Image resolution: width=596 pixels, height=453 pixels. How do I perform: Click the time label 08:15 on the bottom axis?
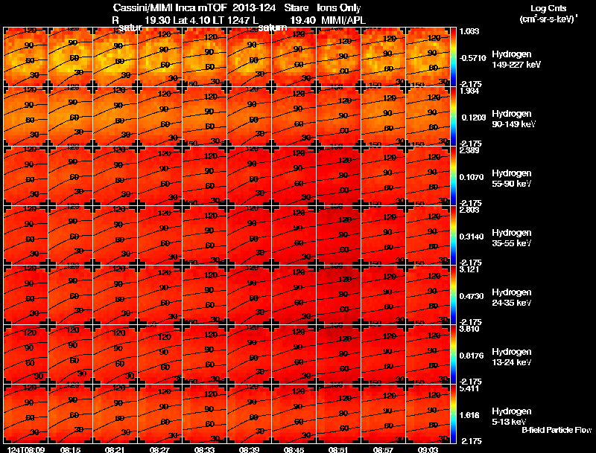(x=71, y=449)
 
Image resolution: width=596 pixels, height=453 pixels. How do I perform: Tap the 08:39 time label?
(x=250, y=449)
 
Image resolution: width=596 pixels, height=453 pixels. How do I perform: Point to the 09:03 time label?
(x=428, y=449)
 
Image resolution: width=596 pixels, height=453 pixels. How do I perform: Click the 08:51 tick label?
(x=339, y=449)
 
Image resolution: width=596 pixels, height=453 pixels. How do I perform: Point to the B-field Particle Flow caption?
(x=557, y=430)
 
